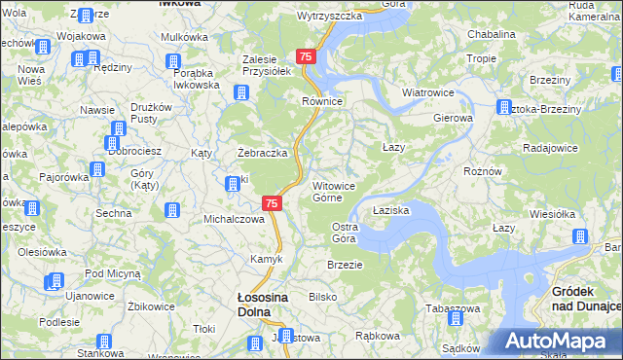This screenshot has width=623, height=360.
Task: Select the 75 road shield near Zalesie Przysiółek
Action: point(307,57)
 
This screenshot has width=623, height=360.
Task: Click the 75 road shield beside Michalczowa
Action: point(273,203)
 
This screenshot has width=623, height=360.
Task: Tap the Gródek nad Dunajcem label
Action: point(585,298)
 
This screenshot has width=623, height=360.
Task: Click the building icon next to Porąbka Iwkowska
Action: point(174,62)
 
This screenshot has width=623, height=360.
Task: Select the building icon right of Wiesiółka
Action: point(580,236)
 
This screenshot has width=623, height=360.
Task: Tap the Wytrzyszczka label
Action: point(329,16)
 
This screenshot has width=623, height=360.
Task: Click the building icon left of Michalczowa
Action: point(172,209)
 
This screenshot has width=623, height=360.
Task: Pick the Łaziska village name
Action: point(391,209)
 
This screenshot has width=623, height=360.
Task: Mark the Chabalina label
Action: point(491,33)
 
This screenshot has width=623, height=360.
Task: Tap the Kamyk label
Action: point(267,259)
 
